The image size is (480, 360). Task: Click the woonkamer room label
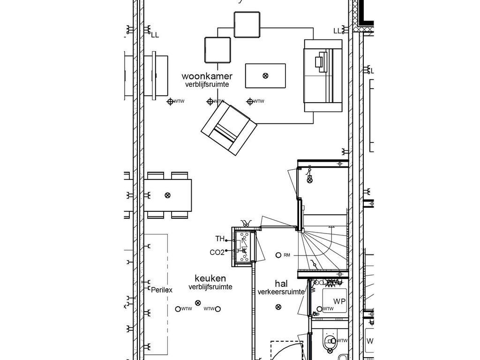point(207,76)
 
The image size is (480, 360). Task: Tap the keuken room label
point(210,278)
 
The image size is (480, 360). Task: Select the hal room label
point(281,284)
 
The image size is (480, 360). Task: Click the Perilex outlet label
point(162,290)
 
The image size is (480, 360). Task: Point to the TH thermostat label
point(220,239)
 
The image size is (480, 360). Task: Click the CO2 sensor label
point(217,253)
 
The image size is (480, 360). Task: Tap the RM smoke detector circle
point(278,255)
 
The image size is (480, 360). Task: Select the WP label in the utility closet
point(339,301)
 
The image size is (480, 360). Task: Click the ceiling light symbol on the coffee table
point(265,75)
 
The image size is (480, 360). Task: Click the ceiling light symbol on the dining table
point(167,195)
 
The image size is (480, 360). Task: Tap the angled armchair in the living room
point(229,129)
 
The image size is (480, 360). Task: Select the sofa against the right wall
point(323,75)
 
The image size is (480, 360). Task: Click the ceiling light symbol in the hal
point(278,307)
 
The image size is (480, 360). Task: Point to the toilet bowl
point(330,341)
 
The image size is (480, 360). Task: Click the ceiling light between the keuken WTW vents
point(198,303)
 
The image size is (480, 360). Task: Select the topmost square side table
point(247,25)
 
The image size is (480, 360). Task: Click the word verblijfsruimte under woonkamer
point(207,84)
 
